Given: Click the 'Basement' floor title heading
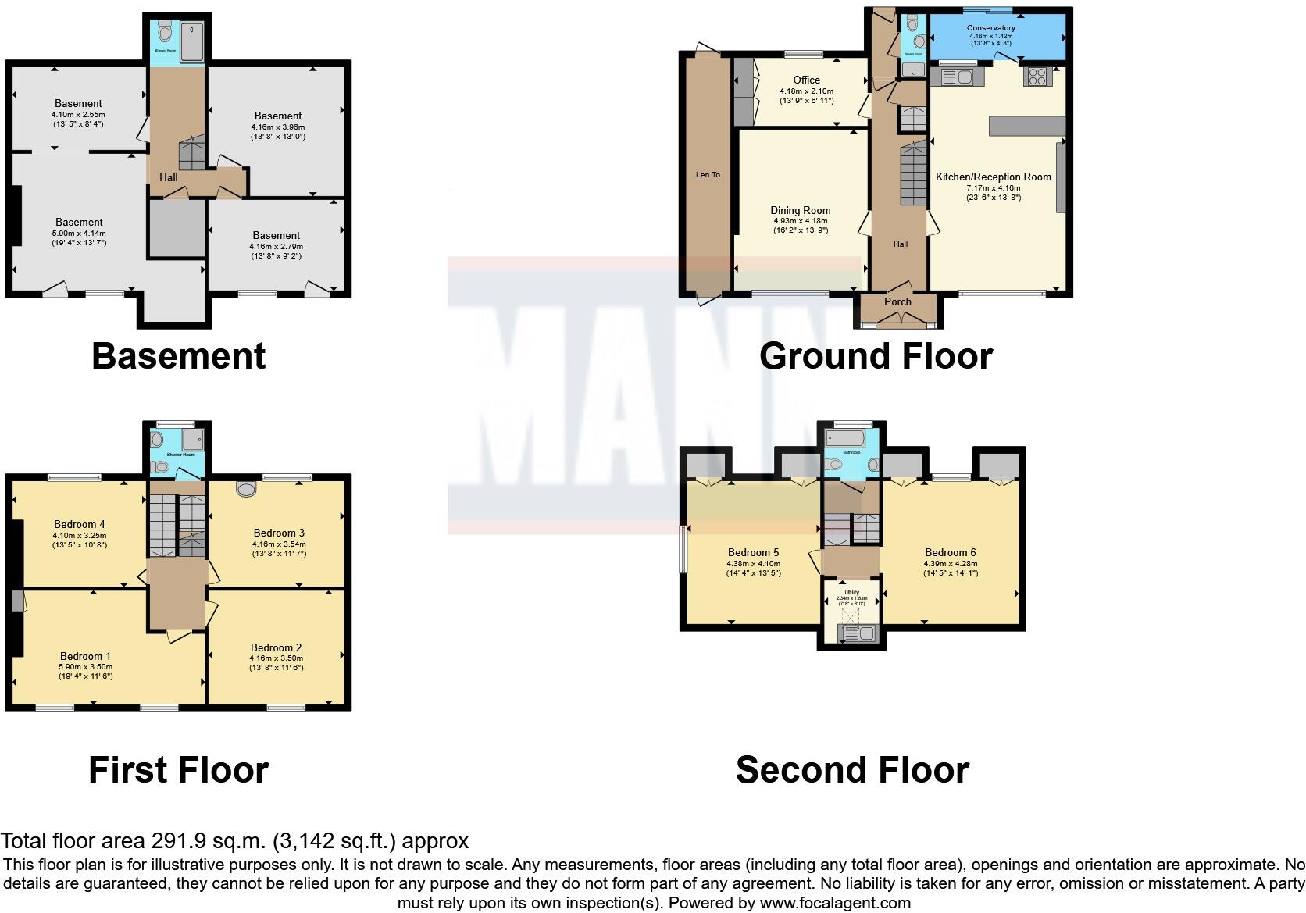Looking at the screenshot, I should point(179,356).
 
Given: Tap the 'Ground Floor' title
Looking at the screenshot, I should point(876,356).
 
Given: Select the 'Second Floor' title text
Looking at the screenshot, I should point(852,770).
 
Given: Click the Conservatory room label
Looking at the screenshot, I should point(991,28).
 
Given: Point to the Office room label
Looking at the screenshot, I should point(807,80).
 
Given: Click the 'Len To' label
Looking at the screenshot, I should point(708,174).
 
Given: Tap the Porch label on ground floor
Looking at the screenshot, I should point(897,301).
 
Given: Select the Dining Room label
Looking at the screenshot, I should point(800,210).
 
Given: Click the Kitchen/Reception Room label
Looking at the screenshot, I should point(993,177).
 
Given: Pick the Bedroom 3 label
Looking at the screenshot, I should point(279,533).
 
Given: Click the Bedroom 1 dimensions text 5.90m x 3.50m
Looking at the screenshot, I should point(85,667).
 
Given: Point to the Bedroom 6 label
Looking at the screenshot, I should point(950,552).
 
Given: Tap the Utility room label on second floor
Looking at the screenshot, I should point(851,593).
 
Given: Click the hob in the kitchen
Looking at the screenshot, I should point(1037,77).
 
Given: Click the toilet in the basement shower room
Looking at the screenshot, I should point(165,32).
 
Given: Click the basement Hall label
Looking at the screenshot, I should point(168,177).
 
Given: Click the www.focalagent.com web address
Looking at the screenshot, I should point(835,903).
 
